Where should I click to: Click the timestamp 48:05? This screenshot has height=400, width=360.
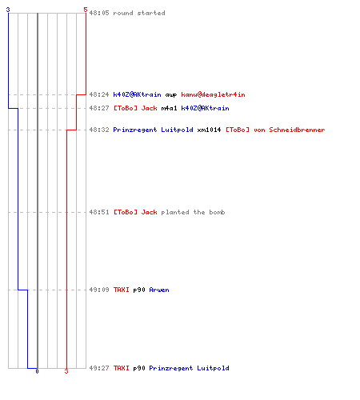(99, 13)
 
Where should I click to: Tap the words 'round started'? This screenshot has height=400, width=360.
(139, 13)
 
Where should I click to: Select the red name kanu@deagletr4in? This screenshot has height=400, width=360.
(213, 94)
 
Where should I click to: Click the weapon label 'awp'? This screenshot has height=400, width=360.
(171, 95)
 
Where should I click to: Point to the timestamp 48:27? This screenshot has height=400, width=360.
(99, 108)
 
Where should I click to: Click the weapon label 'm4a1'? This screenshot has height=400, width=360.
(169, 108)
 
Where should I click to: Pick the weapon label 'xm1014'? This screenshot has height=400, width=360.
(209, 130)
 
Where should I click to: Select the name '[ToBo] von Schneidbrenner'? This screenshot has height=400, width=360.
(275, 130)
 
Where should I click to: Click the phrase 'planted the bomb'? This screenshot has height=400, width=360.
(193, 212)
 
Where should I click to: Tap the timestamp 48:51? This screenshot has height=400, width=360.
(99, 212)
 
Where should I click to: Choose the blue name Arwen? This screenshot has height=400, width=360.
(159, 290)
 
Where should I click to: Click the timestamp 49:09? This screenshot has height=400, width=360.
(99, 290)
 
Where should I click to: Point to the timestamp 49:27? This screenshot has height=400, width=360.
(99, 368)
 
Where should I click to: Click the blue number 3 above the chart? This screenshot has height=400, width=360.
(8, 10)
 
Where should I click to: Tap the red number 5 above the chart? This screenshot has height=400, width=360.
(86, 10)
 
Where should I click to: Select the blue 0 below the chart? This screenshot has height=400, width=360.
(37, 371)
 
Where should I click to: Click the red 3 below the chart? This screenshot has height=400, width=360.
(66, 371)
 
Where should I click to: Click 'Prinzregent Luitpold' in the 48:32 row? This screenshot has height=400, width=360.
(153, 130)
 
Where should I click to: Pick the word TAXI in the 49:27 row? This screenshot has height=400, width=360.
(122, 368)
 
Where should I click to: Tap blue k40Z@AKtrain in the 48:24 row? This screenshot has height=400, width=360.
(137, 94)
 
